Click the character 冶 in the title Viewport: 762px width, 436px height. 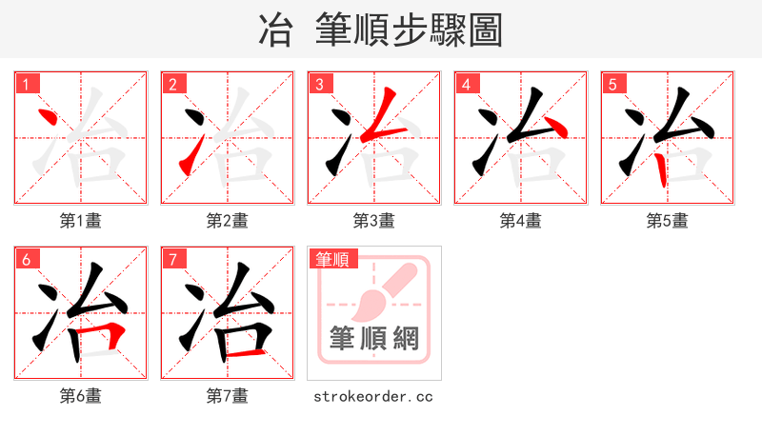(x=274, y=30)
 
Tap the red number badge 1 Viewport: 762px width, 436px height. (x=26, y=84)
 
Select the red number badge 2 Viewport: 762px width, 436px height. (x=172, y=84)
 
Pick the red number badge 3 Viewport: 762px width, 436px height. (x=319, y=84)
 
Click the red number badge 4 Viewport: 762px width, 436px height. (x=466, y=84)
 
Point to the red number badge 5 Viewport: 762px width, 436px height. (x=612, y=84)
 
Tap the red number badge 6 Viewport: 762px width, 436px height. (x=26, y=259)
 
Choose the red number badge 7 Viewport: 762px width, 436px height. (x=172, y=259)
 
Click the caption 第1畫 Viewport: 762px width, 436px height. (x=81, y=221)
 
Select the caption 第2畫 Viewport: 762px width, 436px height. (x=228, y=221)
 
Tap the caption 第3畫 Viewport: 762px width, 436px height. (x=374, y=221)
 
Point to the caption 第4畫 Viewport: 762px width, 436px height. (x=521, y=221)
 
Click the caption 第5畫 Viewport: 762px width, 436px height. (x=668, y=221)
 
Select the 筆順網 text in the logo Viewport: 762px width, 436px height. (x=374, y=339)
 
